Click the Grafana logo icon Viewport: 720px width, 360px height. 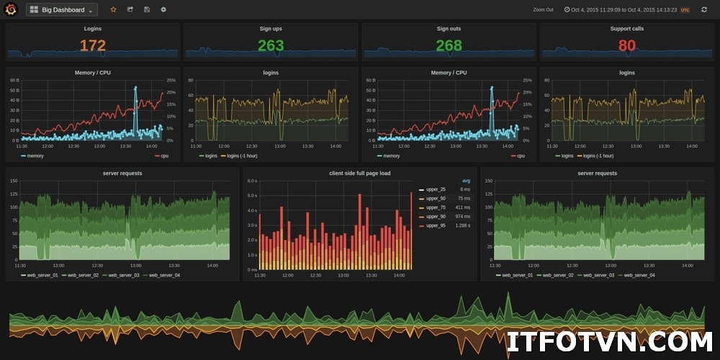(11, 9)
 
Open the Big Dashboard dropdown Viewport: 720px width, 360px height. (62, 10)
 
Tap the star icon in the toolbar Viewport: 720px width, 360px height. (113, 9)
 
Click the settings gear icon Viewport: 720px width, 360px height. (163, 9)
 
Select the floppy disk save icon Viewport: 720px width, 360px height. (147, 9)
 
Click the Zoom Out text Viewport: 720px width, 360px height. (543, 10)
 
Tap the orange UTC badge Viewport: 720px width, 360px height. (685, 10)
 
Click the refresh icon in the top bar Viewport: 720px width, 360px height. (704, 9)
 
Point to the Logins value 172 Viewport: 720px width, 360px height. (92, 46)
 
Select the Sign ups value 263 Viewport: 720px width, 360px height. (271, 46)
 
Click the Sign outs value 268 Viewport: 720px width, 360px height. (449, 46)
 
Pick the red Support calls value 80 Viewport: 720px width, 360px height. (626, 46)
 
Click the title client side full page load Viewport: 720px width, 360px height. (360, 174)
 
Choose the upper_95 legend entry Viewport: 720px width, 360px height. (435, 225)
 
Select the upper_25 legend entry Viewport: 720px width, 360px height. (435, 189)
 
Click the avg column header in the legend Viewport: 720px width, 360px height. (466, 181)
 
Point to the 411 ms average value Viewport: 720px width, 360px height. (462, 207)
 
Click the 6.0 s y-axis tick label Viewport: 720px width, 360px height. (252, 181)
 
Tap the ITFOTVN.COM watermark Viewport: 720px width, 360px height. (608, 341)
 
